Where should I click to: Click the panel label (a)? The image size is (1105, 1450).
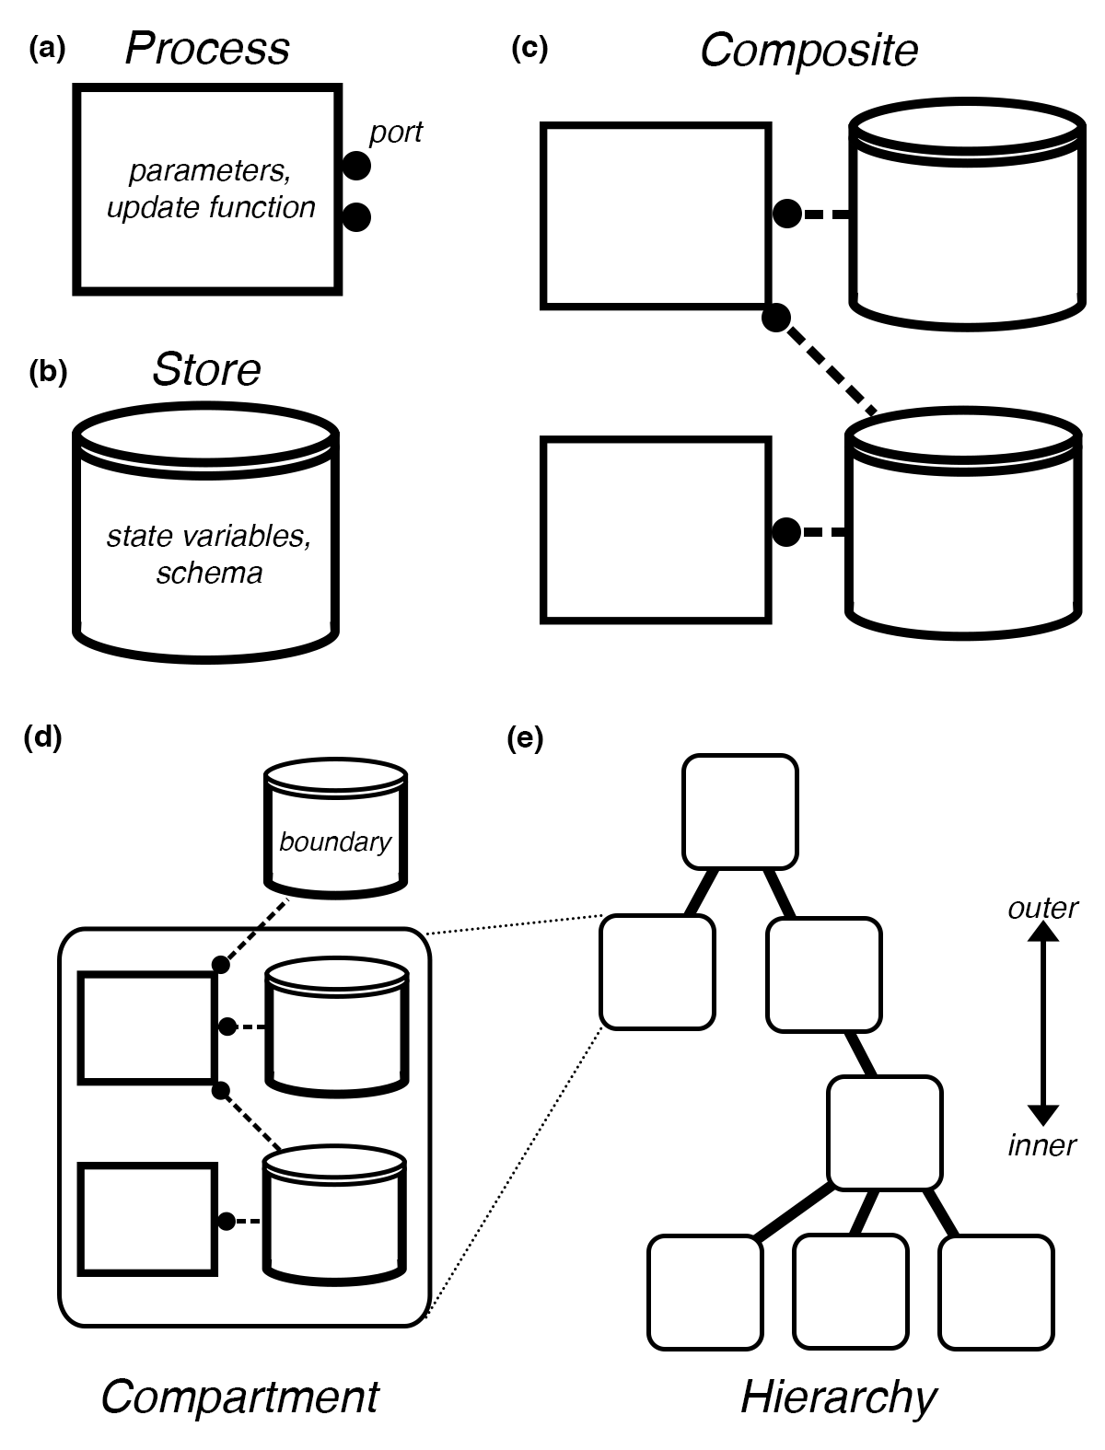[48, 49]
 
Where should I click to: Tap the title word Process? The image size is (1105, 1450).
[207, 49]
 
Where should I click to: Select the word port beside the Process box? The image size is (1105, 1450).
[395, 133]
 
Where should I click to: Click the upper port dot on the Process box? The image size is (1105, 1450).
[356, 167]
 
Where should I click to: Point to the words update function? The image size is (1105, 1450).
[211, 207]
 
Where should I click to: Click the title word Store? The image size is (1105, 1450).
[206, 370]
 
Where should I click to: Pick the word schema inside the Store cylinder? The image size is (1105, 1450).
[209, 573]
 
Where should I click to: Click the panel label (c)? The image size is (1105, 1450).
[529, 49]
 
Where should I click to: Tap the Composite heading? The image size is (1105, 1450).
[808, 51]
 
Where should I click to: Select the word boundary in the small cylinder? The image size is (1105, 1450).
[335, 841]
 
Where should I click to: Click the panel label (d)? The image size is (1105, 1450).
[42, 738]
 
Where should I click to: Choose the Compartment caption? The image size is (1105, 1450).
[239, 1397]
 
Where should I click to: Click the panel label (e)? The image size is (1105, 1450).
[526, 738]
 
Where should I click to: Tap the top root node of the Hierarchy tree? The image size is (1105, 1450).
[739, 811]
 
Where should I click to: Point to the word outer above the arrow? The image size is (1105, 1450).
[1042, 909]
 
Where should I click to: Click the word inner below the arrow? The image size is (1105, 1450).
[1041, 1145]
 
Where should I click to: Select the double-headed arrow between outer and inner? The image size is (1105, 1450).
[1042, 1024]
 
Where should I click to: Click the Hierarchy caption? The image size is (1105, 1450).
[838, 1397]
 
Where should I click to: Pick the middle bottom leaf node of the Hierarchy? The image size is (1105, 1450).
[850, 1292]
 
